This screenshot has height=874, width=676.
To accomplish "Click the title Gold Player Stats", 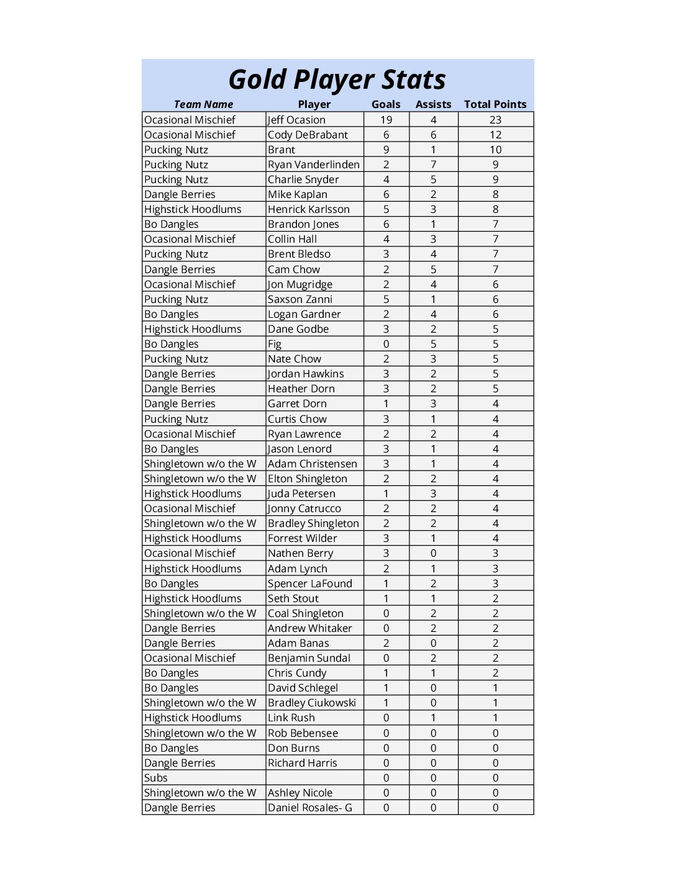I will [337, 79].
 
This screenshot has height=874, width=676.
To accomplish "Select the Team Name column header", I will [203, 104].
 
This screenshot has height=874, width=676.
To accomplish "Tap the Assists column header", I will [433, 104].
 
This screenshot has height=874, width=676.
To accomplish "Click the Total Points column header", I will [495, 104].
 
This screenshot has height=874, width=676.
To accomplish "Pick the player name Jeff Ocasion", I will [296, 120].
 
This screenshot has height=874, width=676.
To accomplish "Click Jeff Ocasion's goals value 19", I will [386, 120].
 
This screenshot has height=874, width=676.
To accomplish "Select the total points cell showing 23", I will [495, 120].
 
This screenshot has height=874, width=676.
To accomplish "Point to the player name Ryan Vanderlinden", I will [313, 164].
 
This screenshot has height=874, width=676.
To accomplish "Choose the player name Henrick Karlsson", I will [308, 209].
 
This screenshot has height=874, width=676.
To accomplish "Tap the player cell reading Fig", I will [275, 344].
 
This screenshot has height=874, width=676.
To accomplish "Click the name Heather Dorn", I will [301, 389].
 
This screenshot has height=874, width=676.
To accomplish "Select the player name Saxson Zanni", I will [300, 299].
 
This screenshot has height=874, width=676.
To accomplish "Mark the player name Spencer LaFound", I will [309, 583].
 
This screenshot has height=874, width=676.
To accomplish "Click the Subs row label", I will [156, 778].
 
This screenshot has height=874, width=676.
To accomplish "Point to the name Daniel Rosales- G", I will [309, 808].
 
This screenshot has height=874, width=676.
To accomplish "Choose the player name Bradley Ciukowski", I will [311, 703].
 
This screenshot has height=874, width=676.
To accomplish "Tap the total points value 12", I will [495, 135].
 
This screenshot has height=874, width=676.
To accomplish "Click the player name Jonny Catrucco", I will [304, 508].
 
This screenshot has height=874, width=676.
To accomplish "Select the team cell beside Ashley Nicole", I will [200, 793].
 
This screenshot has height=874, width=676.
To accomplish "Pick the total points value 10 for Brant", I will [495, 150].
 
